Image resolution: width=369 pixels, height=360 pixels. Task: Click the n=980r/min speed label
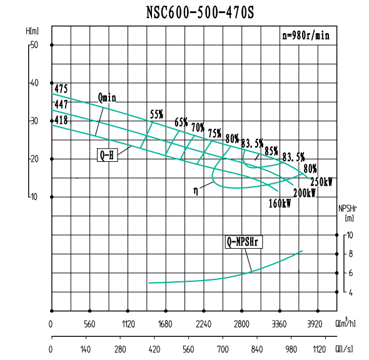[305, 36]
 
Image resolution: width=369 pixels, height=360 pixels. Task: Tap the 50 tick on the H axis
[34, 45]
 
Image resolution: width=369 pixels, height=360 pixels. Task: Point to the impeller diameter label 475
[61, 89]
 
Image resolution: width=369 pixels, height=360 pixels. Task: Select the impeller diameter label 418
[61, 119]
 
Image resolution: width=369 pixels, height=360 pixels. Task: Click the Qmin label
[108, 97]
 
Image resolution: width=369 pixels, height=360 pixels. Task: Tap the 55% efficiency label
[156, 114]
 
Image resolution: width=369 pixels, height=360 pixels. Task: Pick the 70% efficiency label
[198, 127]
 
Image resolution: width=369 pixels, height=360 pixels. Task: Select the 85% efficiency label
[271, 151]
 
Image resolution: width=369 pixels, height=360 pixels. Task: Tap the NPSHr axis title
[348, 208]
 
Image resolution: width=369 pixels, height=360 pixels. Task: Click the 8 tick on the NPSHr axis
[351, 254]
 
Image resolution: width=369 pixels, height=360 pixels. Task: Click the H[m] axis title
[33, 30]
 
